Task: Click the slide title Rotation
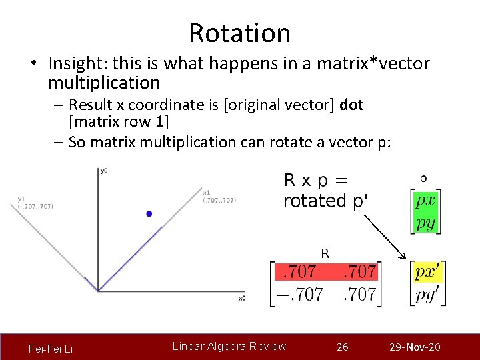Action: (239, 33)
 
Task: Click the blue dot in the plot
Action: (149, 213)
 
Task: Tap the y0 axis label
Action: (103, 171)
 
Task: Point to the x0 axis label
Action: (241, 298)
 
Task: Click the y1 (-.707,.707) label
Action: (35, 203)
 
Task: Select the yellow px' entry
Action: (427, 272)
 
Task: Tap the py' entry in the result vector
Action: (427, 294)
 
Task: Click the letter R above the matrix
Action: (325, 253)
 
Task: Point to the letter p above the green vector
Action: (423, 178)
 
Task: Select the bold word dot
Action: (351, 105)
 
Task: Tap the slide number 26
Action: (343, 347)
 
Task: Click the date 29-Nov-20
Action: (415, 347)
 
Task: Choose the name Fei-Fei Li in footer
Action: (51, 349)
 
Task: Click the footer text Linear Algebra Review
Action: (229, 346)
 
